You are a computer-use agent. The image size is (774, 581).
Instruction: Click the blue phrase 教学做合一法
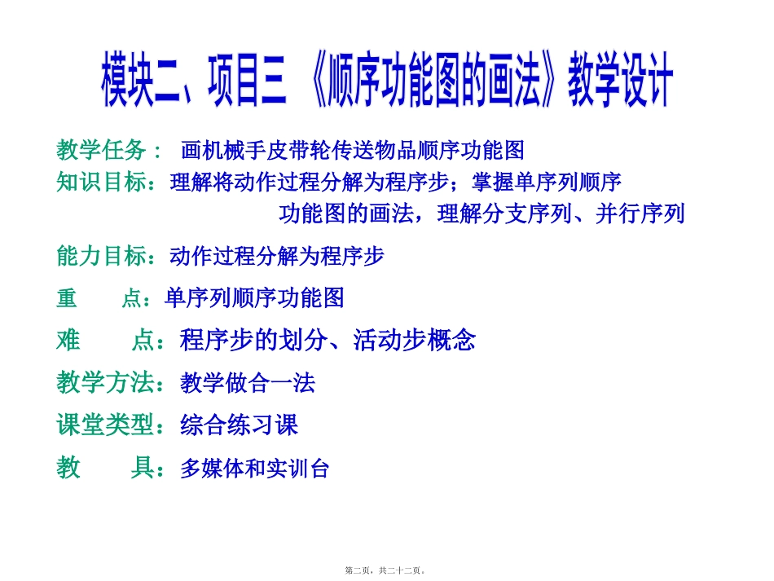point(248,383)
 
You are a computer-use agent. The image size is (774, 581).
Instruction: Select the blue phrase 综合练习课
point(239,425)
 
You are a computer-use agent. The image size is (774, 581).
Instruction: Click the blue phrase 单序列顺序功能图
point(254,298)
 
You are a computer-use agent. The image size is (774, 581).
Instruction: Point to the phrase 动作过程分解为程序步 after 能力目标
point(276,256)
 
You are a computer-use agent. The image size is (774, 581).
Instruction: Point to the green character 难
point(68,340)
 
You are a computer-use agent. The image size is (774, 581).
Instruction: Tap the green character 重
point(67,298)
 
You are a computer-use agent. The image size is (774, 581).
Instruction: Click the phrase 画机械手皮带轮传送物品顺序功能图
point(353,151)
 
